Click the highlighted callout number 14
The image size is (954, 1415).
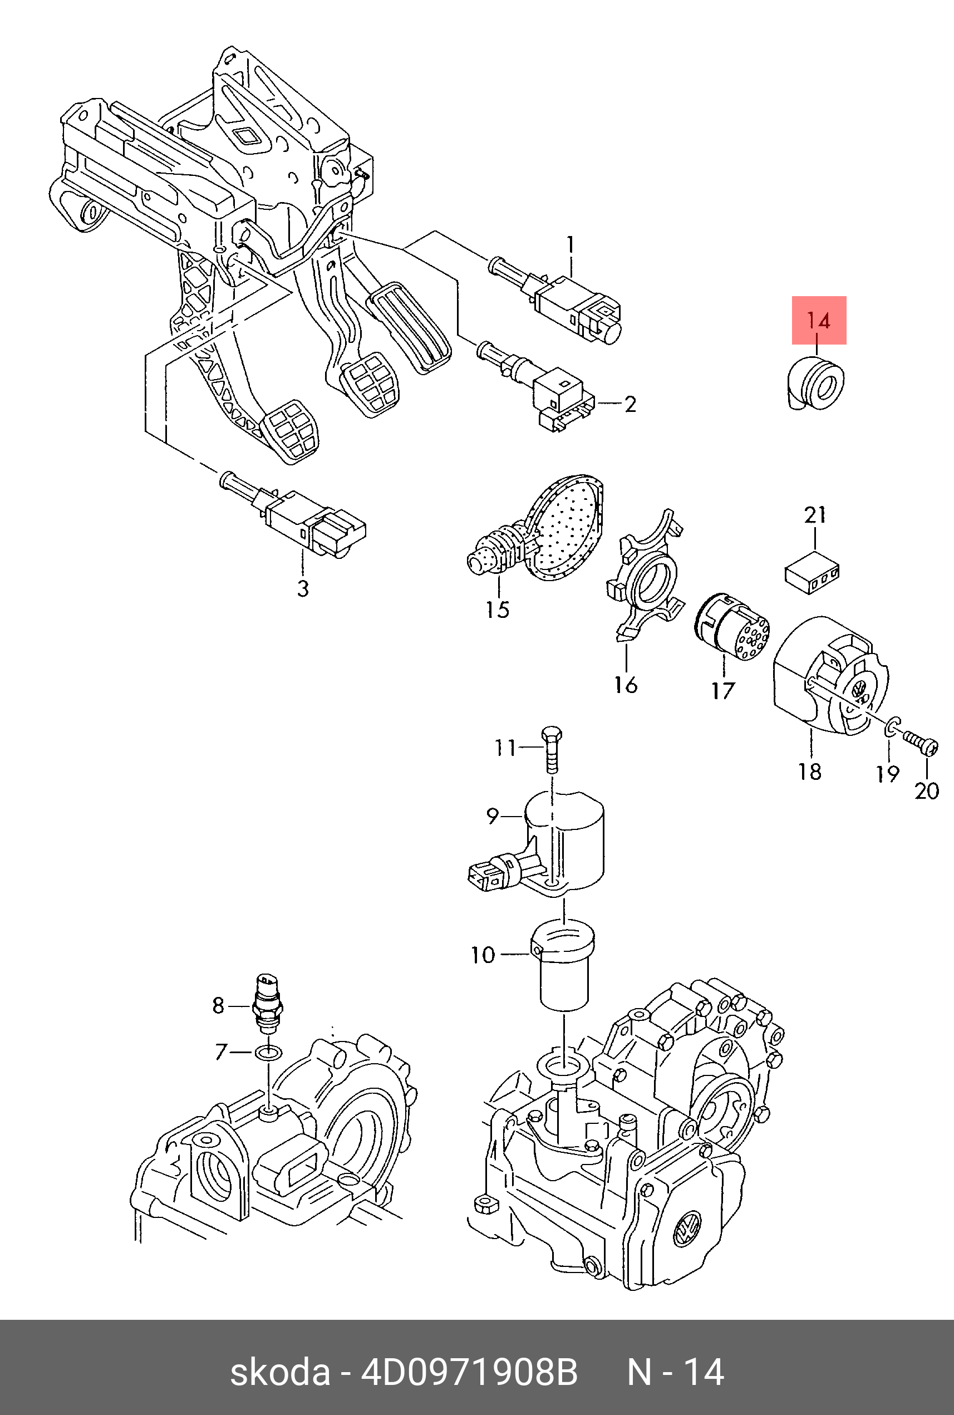[818, 320]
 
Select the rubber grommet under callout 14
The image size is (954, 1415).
[813, 384]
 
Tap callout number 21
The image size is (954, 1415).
[815, 515]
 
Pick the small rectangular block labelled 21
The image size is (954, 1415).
[812, 572]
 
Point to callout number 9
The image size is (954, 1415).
[493, 815]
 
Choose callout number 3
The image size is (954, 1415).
[303, 588]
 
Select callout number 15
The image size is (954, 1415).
[497, 609]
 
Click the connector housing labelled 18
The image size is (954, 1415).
[830, 679]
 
